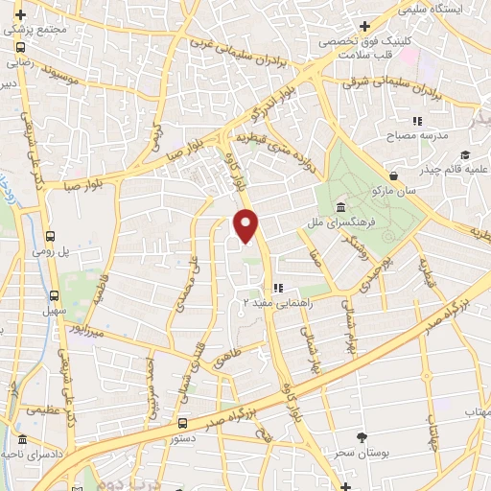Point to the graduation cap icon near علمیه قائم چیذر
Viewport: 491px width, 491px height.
tap(465, 156)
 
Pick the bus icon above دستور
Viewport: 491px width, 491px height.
tap(182, 422)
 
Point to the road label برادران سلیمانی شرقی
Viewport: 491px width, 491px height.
tap(380, 85)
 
